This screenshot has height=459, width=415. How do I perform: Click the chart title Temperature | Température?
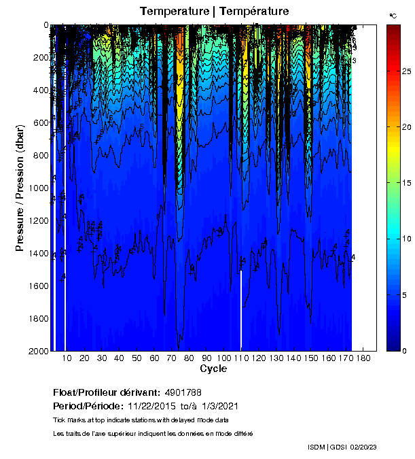pos(214,12)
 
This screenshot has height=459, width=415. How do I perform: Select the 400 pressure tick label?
pos(40,90)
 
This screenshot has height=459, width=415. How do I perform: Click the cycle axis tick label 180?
pos(364,358)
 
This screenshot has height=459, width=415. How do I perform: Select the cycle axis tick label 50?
pos(137,358)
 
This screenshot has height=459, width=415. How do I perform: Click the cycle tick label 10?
pos(67,358)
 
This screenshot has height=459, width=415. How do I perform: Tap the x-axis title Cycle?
pos(209,369)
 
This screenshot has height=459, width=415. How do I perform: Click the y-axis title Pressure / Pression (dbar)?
pos(20,188)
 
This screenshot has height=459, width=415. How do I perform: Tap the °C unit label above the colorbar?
pos(393,15)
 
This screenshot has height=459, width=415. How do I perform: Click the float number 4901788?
pos(183,393)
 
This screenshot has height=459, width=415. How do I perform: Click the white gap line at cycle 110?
pos(241,309)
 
